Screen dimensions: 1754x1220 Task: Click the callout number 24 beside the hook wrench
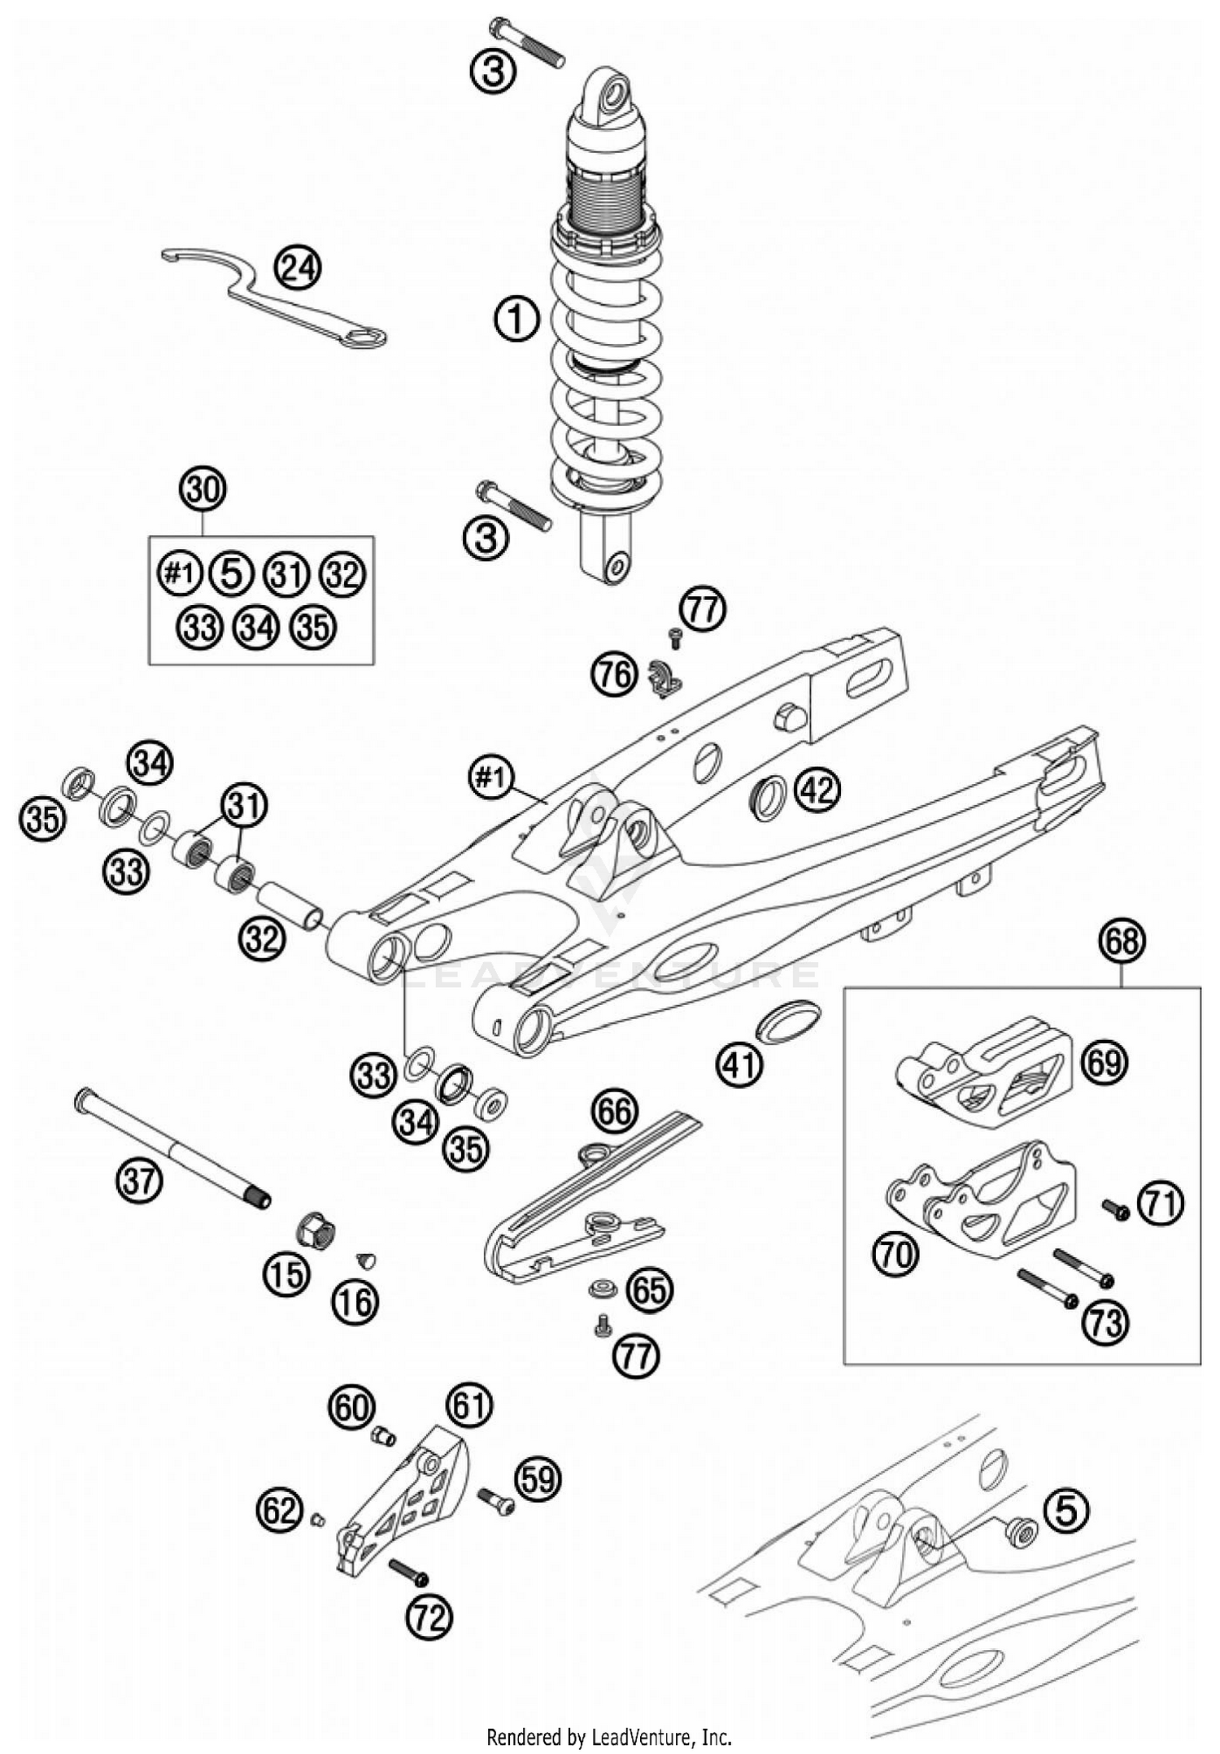tap(297, 268)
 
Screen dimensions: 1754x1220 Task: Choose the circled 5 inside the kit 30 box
tap(232, 574)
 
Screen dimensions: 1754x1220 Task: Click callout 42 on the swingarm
tap(817, 789)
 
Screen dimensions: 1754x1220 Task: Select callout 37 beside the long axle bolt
tap(139, 1179)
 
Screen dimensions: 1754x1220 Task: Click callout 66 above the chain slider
tap(615, 1112)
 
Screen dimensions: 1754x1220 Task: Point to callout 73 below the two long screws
tap(1105, 1324)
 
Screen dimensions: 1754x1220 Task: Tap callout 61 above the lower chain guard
tap(469, 1404)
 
